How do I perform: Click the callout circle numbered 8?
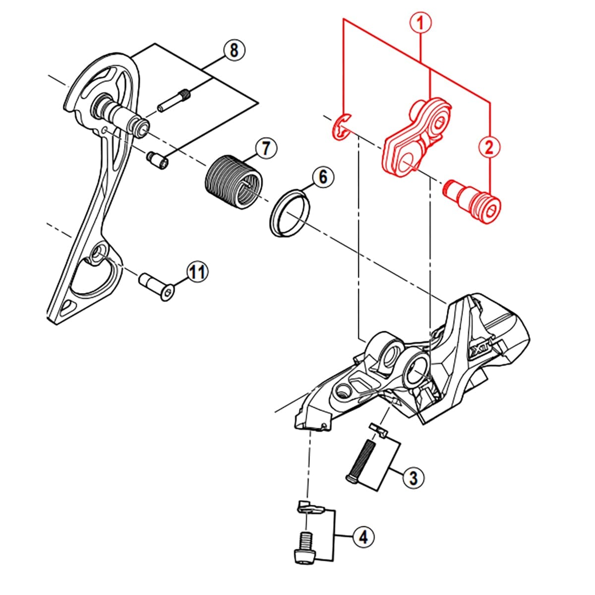click(234, 50)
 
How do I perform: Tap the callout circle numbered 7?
click(266, 148)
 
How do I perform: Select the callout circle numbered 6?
click(322, 176)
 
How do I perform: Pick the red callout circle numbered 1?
click(420, 23)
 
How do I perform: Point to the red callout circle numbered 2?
click(489, 147)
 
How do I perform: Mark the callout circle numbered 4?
click(363, 536)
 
